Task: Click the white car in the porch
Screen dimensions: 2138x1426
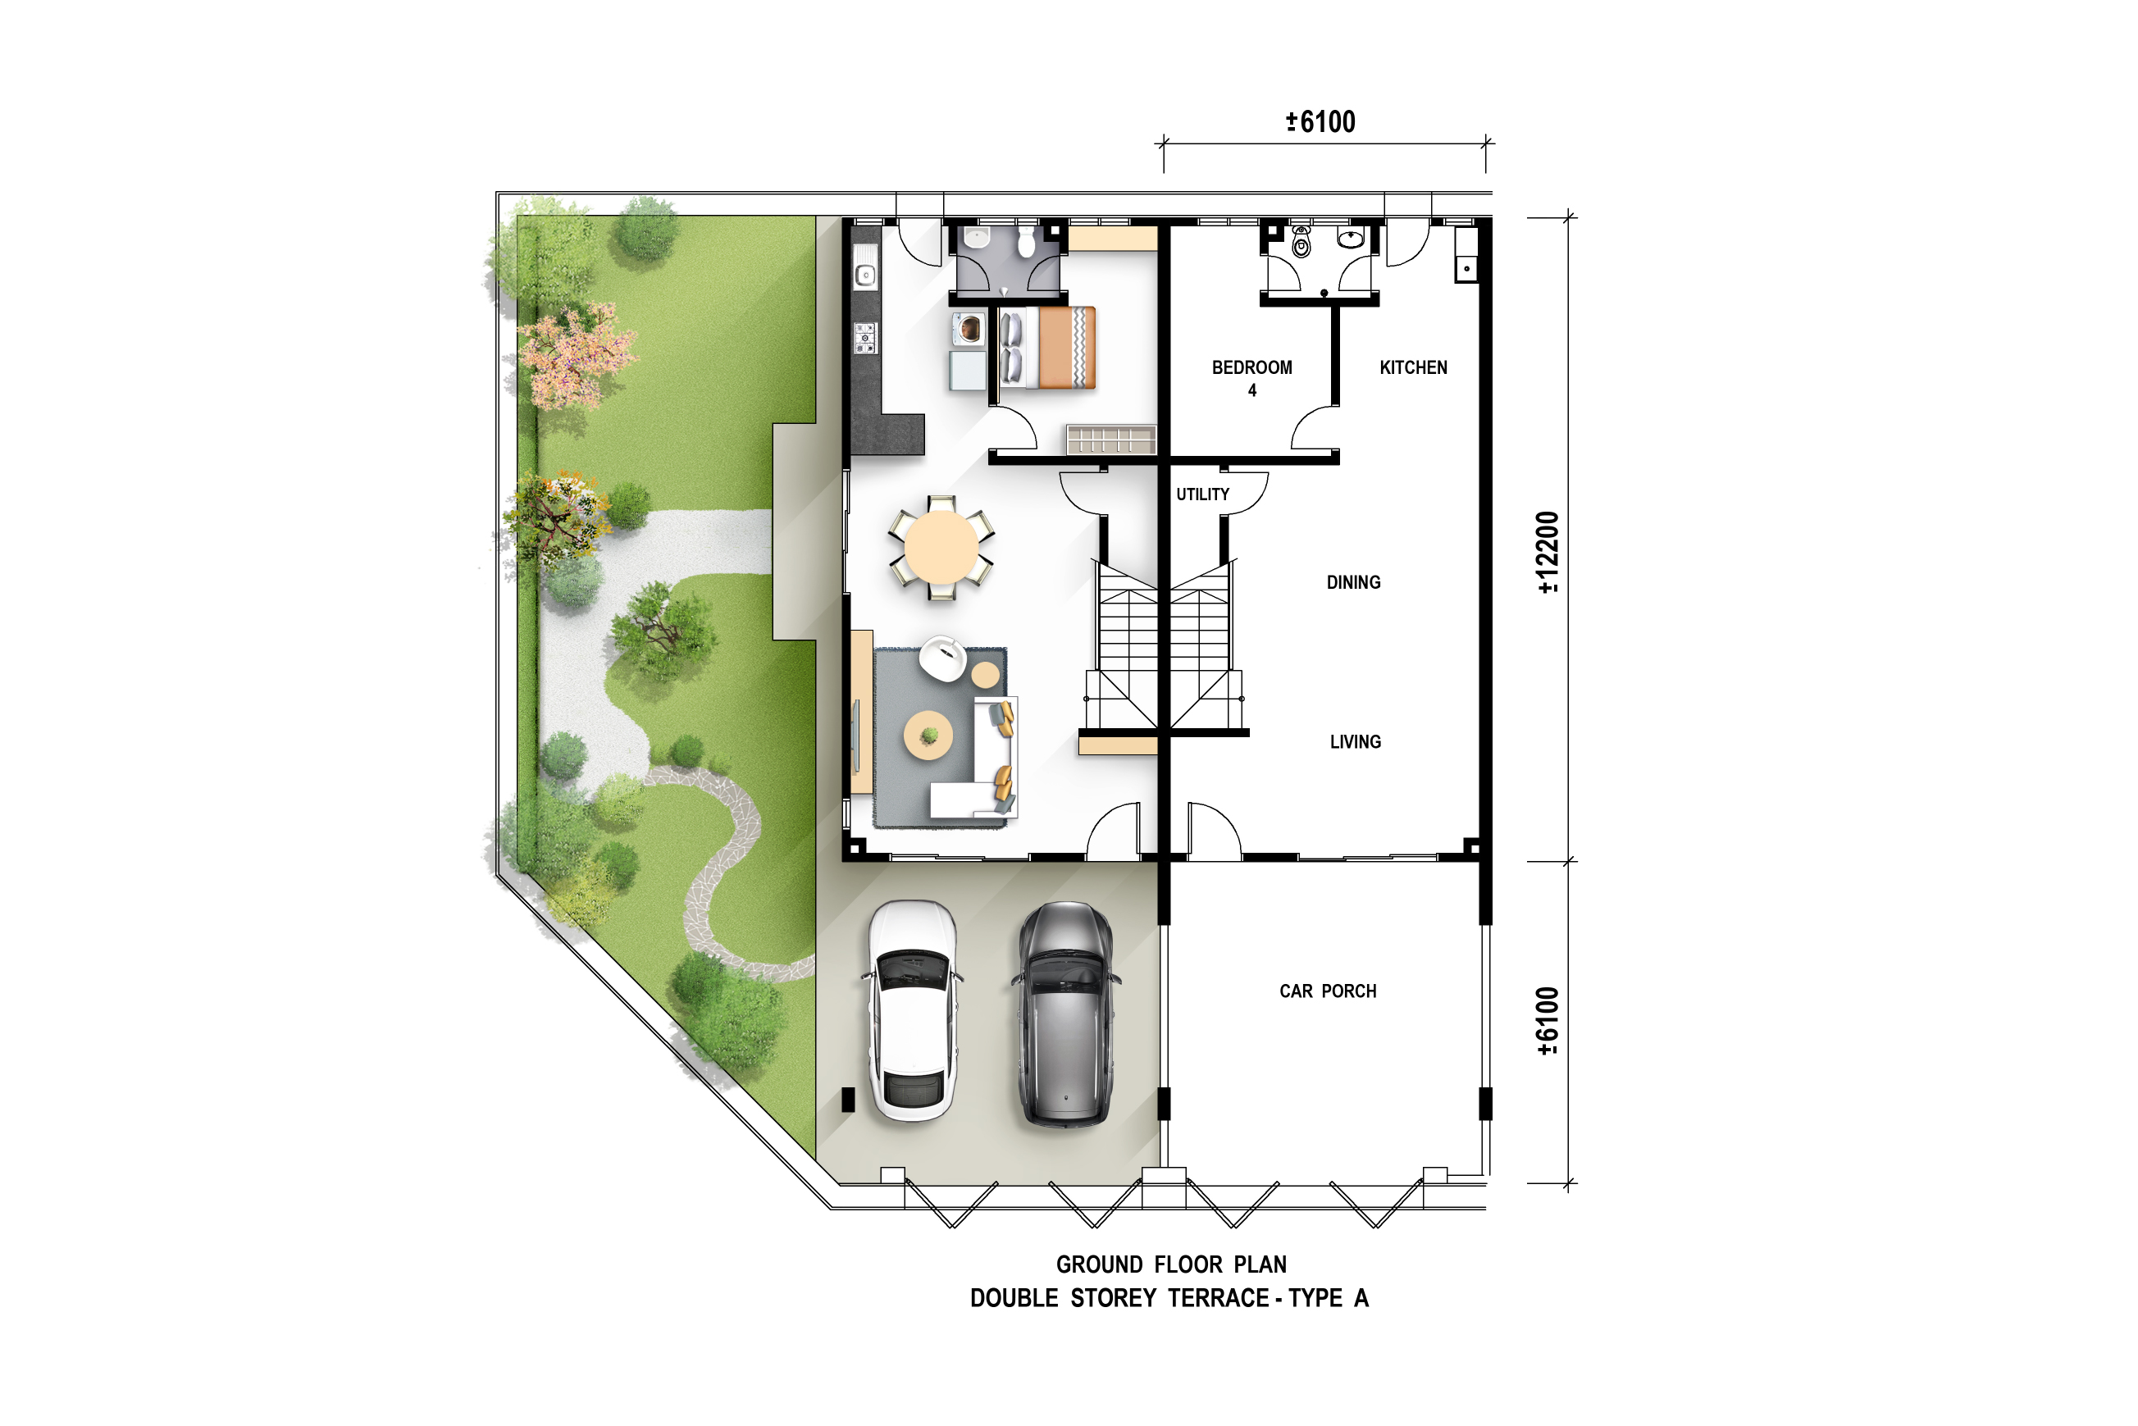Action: coord(912,1010)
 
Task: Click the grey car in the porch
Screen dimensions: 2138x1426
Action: coord(1065,1014)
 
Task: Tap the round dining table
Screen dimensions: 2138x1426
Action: coord(941,548)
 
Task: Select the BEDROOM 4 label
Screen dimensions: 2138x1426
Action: coord(1251,378)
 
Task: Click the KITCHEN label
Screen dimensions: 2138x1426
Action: coord(1413,367)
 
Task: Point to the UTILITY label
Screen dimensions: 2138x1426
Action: coord(1202,494)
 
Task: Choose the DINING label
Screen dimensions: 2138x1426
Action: coord(1353,582)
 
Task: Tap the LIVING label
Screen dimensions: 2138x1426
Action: coord(1355,742)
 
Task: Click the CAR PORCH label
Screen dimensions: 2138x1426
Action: coord(1328,991)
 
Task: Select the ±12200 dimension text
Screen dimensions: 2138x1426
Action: coord(1547,552)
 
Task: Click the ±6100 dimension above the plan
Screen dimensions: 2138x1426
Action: coord(1320,122)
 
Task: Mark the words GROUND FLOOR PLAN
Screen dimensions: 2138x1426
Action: coord(1171,1264)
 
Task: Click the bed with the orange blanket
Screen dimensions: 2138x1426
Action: coord(1047,348)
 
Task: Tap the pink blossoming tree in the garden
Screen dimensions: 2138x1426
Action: coord(575,357)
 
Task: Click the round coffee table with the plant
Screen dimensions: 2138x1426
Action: coord(928,735)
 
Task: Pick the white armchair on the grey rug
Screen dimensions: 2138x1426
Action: coord(942,658)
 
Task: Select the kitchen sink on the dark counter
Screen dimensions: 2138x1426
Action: coord(865,275)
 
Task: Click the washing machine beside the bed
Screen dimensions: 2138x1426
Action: coord(969,329)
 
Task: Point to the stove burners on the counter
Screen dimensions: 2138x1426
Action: coord(865,337)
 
